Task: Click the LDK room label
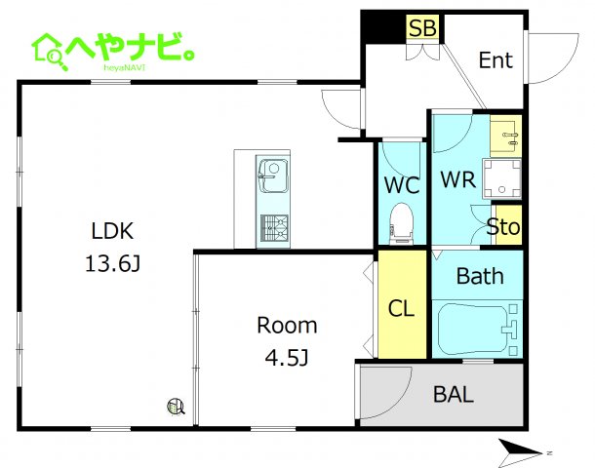(112, 230)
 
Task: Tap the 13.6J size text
(113, 263)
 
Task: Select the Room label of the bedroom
(287, 326)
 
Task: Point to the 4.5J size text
(287, 357)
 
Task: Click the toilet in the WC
(401, 223)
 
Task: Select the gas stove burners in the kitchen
(274, 228)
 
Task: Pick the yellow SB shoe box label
(422, 27)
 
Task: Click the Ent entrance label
(496, 59)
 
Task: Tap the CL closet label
(401, 308)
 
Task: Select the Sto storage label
(503, 227)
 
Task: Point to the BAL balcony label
(454, 395)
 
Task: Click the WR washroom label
(458, 179)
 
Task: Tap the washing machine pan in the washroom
(501, 179)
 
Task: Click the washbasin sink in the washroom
(506, 136)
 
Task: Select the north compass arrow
(521, 452)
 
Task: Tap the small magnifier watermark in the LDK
(176, 407)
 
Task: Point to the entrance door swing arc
(564, 69)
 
